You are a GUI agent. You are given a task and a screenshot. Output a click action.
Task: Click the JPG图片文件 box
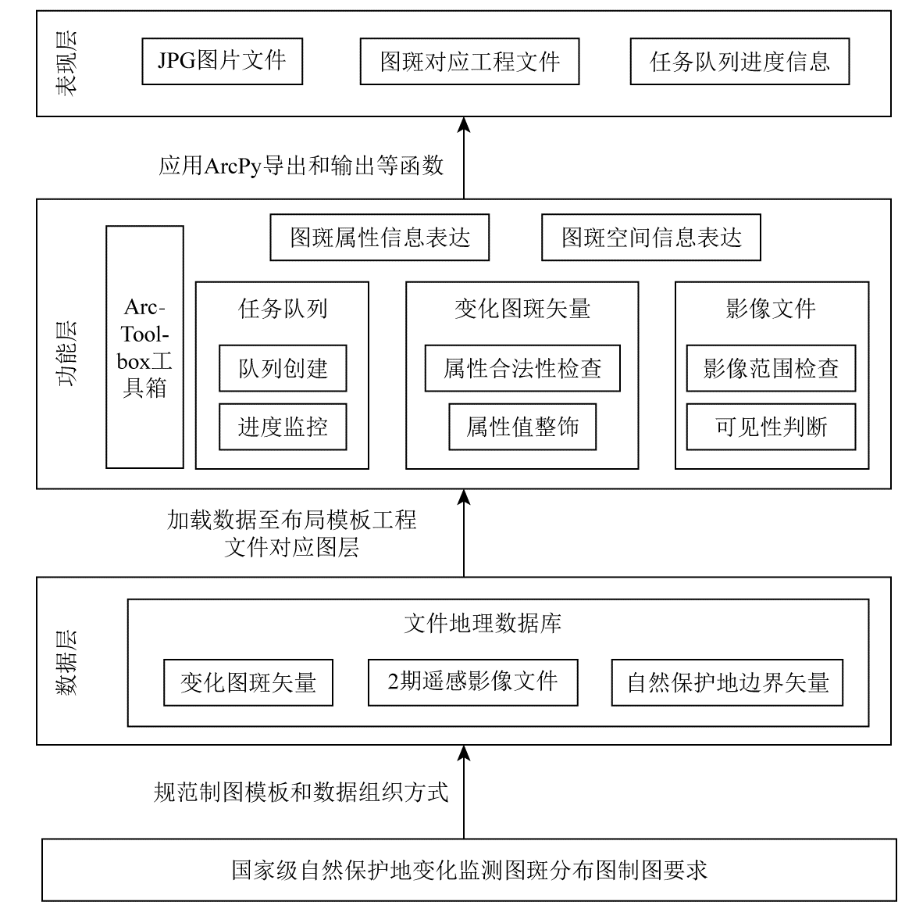pyautogui.click(x=222, y=61)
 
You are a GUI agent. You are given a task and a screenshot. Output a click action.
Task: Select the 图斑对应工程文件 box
pyautogui.click(x=470, y=61)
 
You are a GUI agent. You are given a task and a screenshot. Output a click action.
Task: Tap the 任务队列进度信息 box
pyautogui.click(x=740, y=61)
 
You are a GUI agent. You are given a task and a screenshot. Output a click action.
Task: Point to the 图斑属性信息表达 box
pyautogui.click(x=380, y=238)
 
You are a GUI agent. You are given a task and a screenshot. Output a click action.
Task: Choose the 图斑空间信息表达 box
pyautogui.click(x=651, y=238)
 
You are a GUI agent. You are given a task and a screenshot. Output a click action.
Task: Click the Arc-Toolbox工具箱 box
pyautogui.click(x=144, y=347)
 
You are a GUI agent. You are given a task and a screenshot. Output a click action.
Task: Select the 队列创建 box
pyautogui.click(x=283, y=368)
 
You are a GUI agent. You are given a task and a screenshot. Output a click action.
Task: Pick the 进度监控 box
pyautogui.click(x=283, y=427)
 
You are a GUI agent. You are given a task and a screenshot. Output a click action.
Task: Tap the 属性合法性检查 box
pyautogui.click(x=522, y=368)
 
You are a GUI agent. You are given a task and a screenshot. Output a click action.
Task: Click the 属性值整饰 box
pyautogui.click(x=522, y=427)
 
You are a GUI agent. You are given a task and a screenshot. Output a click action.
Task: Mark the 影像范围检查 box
pyautogui.click(x=772, y=368)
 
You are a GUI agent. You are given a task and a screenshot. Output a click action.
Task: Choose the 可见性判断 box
pyautogui.click(x=772, y=427)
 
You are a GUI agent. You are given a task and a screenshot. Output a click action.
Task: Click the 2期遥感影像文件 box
pyautogui.click(x=473, y=682)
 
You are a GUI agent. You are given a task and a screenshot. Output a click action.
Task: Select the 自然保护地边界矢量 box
pyautogui.click(x=728, y=682)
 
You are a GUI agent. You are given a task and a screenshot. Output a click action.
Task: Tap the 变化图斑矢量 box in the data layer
pyautogui.click(x=248, y=682)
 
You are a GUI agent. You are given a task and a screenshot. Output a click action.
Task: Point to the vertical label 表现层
pyautogui.click(x=66, y=63)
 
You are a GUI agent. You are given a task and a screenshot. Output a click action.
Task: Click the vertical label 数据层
pyautogui.click(x=66, y=663)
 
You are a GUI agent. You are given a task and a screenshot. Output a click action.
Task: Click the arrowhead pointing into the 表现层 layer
pyautogui.click(x=464, y=124)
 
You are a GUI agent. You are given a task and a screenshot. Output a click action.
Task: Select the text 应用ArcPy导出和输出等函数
pyautogui.click(x=301, y=166)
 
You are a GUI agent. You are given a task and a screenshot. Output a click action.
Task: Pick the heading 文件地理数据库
pyautogui.click(x=483, y=623)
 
